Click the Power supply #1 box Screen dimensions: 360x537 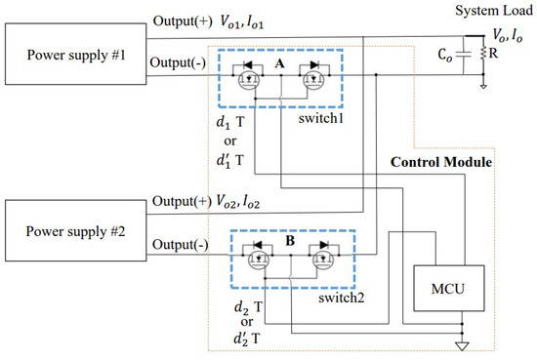point(71,52)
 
